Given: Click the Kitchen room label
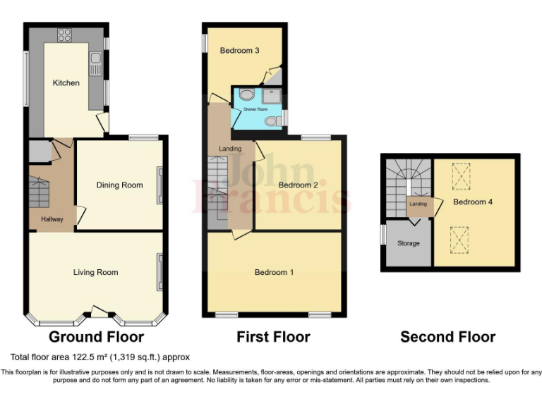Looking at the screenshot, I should click(66, 83).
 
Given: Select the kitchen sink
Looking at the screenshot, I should click(95, 66).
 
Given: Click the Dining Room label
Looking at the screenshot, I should click(119, 185).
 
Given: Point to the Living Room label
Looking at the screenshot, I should click(96, 272).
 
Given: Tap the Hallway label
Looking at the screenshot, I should click(52, 219).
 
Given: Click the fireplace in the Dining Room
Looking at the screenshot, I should click(159, 185).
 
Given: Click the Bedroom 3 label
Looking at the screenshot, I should click(239, 51).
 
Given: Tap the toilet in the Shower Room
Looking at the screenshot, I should click(271, 122).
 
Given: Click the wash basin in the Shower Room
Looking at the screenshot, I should click(246, 94).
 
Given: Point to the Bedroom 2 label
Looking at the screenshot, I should click(298, 185).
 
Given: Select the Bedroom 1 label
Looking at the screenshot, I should click(274, 272).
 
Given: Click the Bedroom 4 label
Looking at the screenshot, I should click(472, 202).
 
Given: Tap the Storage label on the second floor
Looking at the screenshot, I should click(408, 243).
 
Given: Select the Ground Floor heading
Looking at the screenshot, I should click(96, 337).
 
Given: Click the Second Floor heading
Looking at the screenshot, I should click(447, 337).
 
